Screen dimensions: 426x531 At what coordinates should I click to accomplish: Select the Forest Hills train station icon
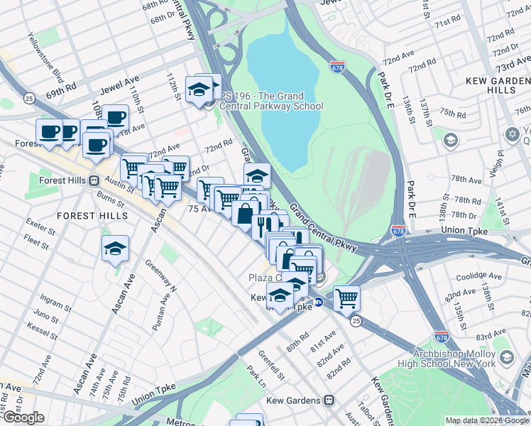click(x=93, y=180)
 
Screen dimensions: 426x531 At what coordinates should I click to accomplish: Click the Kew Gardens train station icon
click(x=328, y=400)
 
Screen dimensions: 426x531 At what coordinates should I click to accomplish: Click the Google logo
click(x=23, y=417)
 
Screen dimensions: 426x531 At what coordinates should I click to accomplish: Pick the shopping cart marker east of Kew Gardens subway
click(x=346, y=298)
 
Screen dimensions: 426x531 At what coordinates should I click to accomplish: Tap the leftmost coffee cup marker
click(x=50, y=131)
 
